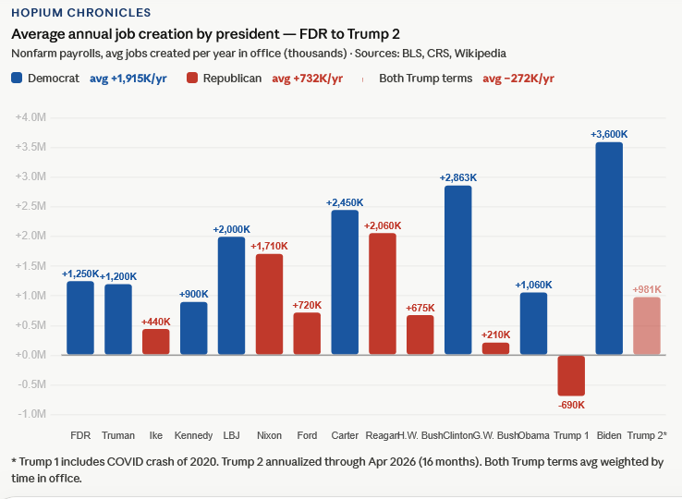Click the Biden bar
609,248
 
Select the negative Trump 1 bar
571,376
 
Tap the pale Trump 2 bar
647,325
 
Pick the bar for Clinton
458,270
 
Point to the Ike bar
155,342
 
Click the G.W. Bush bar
496,348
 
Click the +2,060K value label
383,225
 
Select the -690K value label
571,405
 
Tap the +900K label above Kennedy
193,294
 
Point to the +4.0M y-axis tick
30,117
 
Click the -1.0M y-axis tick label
31,414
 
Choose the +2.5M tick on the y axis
30,206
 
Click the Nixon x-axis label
269,435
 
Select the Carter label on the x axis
345,435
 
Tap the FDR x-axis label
80,435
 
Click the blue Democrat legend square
17,78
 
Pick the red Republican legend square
192,78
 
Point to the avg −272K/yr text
518,79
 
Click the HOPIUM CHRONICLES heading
81,13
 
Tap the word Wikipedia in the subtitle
481,54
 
